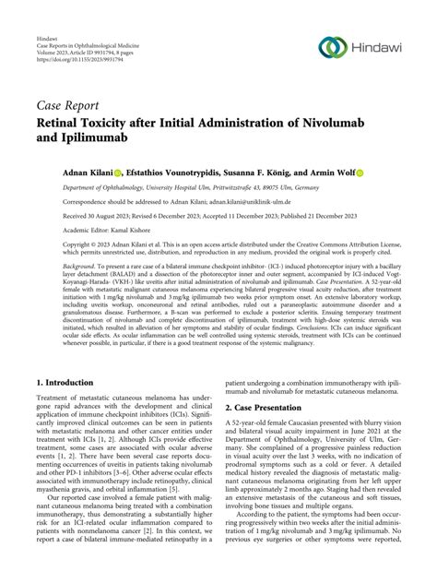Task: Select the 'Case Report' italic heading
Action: coord(70,103)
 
